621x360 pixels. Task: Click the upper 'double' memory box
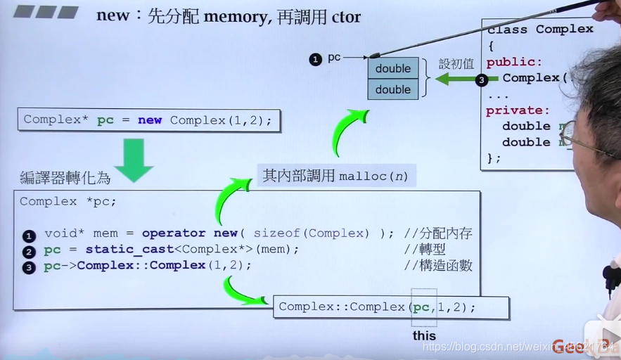click(x=393, y=68)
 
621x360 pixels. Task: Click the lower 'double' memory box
click(x=393, y=89)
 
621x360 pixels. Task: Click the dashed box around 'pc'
click(x=424, y=307)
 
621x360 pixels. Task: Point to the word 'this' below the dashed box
click(x=424, y=335)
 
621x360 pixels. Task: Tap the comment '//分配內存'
click(x=438, y=233)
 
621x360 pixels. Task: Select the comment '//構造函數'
click(x=438, y=265)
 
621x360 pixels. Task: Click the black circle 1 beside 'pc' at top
click(x=315, y=60)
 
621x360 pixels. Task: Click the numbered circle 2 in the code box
click(x=29, y=252)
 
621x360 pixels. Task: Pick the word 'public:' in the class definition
click(x=514, y=62)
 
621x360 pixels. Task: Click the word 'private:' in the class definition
click(x=518, y=110)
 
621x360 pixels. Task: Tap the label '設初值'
click(x=456, y=63)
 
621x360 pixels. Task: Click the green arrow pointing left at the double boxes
click(x=454, y=79)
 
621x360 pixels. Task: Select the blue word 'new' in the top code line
click(x=150, y=120)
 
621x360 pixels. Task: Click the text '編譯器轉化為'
click(x=65, y=178)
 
